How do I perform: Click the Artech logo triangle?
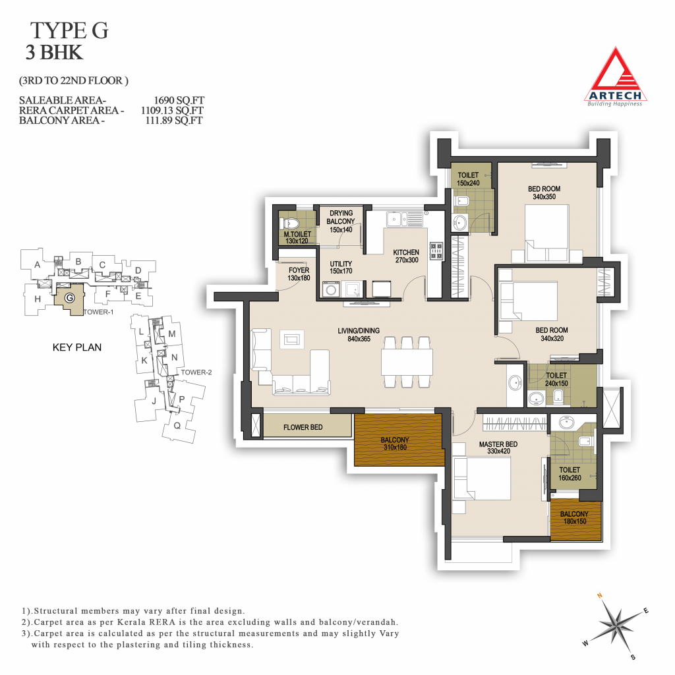[x=616, y=75]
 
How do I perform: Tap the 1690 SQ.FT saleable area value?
[x=179, y=100]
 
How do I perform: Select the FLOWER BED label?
[x=303, y=427]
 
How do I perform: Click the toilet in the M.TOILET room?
[x=290, y=223]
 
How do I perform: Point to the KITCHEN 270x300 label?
[x=406, y=256]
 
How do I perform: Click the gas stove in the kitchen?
[x=436, y=250]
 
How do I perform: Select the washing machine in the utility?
[x=331, y=289]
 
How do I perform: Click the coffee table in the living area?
[x=292, y=339]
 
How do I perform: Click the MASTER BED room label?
[x=498, y=448]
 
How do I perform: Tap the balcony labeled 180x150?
[x=576, y=521]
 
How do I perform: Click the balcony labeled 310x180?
[x=398, y=440]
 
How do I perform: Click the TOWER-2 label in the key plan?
[x=196, y=372]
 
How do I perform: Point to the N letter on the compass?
[x=600, y=596]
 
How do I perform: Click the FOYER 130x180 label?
[x=299, y=274]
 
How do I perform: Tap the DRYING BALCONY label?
[x=341, y=218]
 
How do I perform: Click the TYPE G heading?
[x=69, y=30]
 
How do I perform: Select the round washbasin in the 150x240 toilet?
[x=459, y=222]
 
